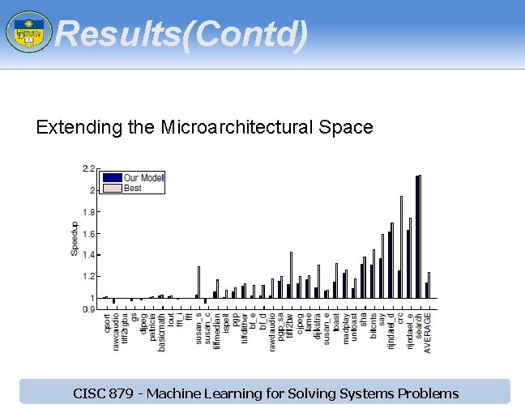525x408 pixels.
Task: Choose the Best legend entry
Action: pyautogui.click(x=132, y=188)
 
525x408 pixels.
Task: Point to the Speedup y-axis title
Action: pyautogui.click(x=75, y=240)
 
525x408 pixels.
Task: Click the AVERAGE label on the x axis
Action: pyautogui.click(x=428, y=332)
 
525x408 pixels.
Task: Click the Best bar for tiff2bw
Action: pyautogui.click(x=291, y=274)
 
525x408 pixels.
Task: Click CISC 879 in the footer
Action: pyautogui.click(x=101, y=394)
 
